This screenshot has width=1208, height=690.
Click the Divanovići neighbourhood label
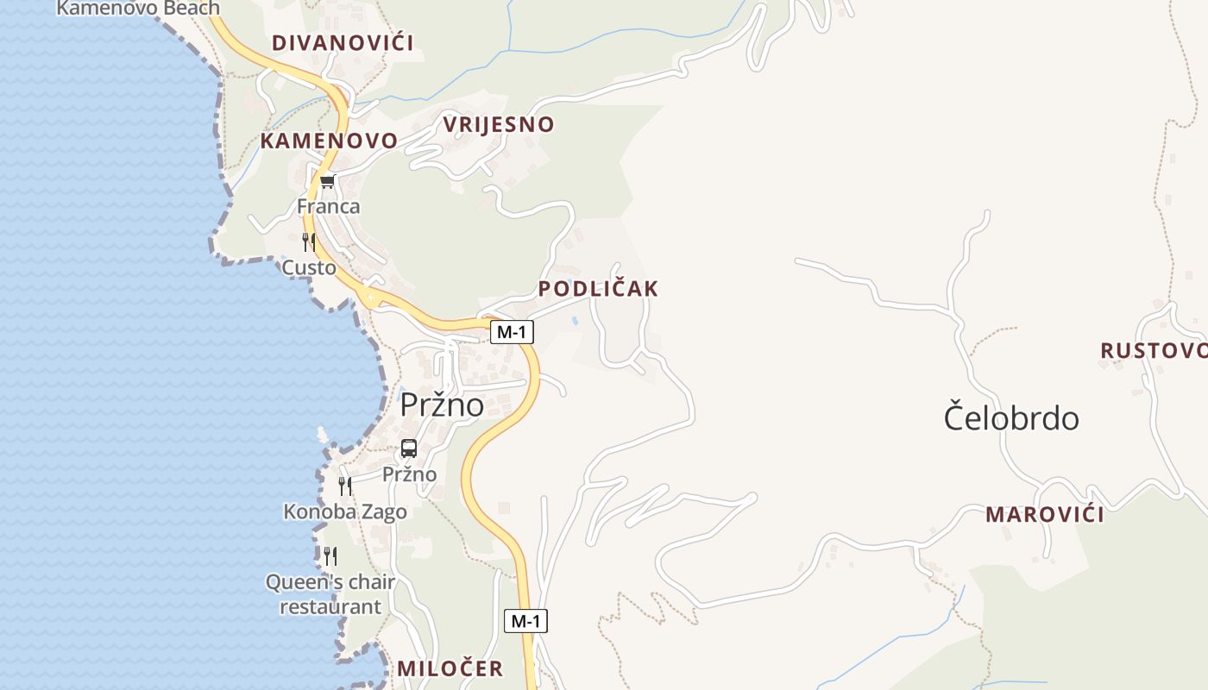pos(343,43)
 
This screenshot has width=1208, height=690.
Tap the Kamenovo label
pos(329,141)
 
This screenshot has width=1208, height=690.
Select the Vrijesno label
pos(498,124)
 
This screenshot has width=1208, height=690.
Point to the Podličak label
pos(598,289)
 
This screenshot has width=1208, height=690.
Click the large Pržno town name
pos(441,404)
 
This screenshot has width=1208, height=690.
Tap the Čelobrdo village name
pos(1010,418)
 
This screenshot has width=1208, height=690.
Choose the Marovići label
pos(1044,515)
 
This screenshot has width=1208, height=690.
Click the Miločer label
pos(450,668)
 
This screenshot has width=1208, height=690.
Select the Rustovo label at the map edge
pos(1154,350)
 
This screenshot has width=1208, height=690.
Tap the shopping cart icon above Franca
pos(327,182)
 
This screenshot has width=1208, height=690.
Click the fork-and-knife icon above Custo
pos(309,241)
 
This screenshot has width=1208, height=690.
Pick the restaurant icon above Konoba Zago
pos(345,486)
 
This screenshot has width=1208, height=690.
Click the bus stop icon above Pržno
pos(409,448)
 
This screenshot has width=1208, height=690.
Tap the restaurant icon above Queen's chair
pos(330,555)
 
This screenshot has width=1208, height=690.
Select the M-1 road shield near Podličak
pos(512,332)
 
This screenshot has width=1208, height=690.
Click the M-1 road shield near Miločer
pos(525,620)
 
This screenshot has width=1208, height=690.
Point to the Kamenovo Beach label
pos(138,9)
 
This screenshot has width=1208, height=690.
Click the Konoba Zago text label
pos(345,512)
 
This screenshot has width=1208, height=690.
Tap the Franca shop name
pos(328,207)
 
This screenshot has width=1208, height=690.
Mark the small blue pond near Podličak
pos(575,321)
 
